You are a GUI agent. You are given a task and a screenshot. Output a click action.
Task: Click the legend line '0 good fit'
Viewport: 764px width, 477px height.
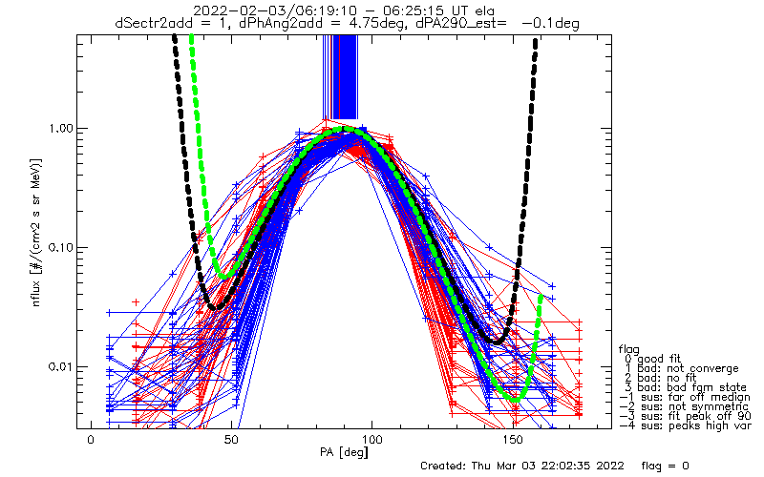point(659,359)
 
